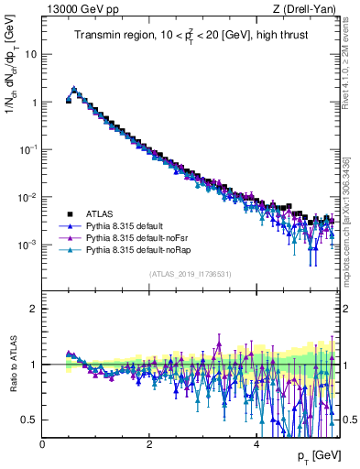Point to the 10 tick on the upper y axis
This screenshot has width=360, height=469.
tap(30, 54)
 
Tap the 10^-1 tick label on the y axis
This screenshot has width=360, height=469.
tap(28, 149)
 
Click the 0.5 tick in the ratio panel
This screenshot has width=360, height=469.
tap(28, 420)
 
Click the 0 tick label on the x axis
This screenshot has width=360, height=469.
tap(42, 442)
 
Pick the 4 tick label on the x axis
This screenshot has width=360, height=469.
tap(256, 442)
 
